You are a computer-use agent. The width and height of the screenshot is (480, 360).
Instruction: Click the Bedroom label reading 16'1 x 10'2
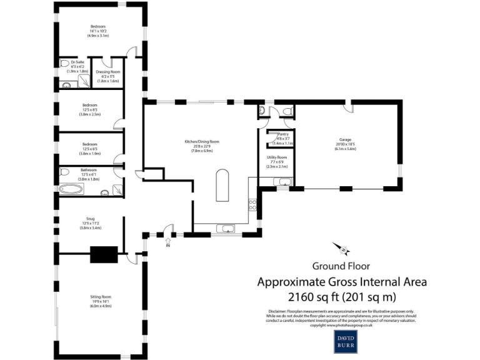coord(98,31)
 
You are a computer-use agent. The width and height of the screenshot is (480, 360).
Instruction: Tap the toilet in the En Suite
coord(64,63)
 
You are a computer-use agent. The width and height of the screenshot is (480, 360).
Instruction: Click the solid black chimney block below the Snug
coord(104,254)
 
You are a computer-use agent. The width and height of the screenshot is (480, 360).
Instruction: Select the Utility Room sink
coord(284,182)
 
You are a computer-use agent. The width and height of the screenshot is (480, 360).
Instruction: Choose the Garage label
coord(344,145)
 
